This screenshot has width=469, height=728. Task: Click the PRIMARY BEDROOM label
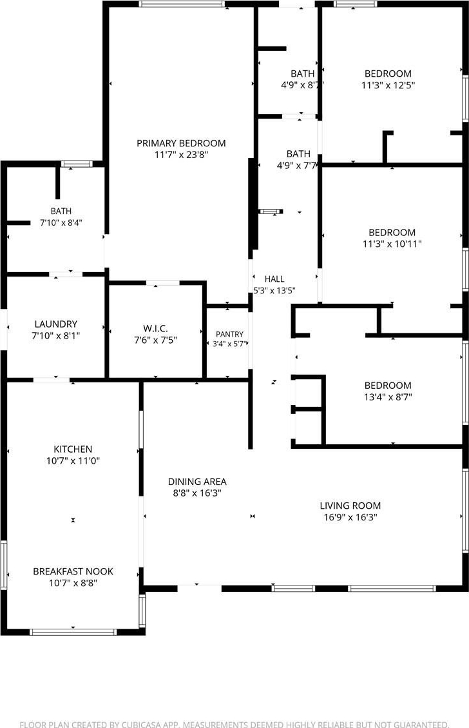(x=181, y=143)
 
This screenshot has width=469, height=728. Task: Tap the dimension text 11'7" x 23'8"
(x=181, y=155)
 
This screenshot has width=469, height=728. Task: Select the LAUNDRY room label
(x=55, y=324)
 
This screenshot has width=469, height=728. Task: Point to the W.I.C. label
(x=155, y=329)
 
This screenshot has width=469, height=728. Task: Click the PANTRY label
(x=229, y=334)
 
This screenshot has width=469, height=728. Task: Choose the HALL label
(x=274, y=279)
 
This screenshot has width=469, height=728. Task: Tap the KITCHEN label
(x=73, y=449)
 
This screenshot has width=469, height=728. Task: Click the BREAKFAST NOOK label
(x=73, y=571)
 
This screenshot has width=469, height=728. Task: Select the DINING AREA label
(x=197, y=482)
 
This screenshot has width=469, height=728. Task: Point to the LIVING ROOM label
(x=350, y=506)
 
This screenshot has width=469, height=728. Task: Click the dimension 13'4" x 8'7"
(x=388, y=397)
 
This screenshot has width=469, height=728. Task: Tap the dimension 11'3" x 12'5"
(x=388, y=85)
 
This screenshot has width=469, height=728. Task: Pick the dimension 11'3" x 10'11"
(x=392, y=244)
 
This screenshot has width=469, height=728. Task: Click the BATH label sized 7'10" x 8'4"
(x=61, y=211)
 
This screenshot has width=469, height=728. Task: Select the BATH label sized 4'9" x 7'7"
(x=298, y=153)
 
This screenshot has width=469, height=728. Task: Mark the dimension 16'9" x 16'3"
(x=350, y=517)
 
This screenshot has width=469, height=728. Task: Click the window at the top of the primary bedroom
(x=182, y=5)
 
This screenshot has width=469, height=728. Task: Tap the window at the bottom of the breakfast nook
(x=72, y=632)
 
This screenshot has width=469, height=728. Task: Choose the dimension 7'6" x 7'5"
(x=155, y=340)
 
